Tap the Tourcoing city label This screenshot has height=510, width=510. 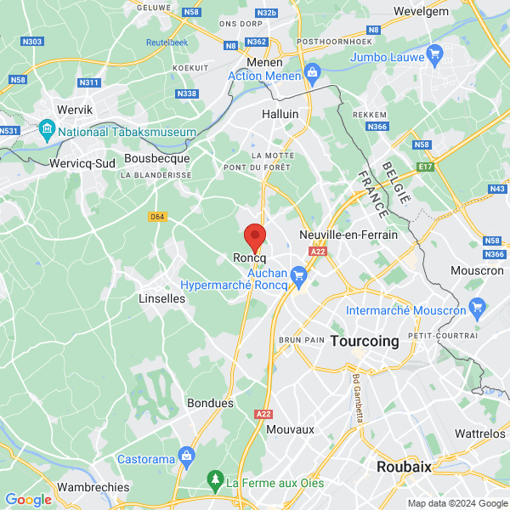point(364,341)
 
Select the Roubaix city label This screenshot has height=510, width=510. point(405,467)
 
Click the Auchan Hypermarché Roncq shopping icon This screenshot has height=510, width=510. point(298,275)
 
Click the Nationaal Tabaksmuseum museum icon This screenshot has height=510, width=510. point(47,132)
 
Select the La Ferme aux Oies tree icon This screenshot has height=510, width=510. point(216,481)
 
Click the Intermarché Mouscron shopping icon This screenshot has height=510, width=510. point(477,306)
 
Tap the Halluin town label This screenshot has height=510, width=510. point(280,114)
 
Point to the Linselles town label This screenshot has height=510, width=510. point(161,299)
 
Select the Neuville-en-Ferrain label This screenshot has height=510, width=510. point(348,235)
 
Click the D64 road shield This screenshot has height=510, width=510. point(156,217)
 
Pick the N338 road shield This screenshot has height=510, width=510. point(187,93)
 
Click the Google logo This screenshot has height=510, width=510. point(29,500)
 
